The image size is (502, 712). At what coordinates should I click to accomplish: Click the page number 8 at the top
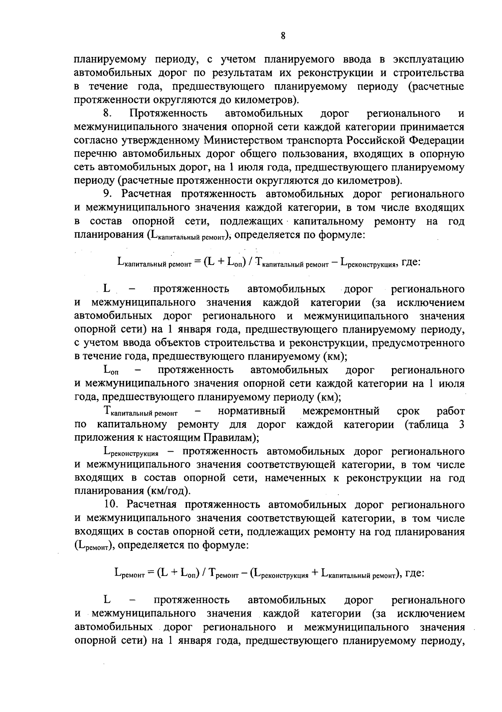(x=283, y=36)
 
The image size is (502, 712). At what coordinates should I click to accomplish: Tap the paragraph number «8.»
(x=108, y=113)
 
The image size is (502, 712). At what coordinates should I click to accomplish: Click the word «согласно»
(x=95, y=140)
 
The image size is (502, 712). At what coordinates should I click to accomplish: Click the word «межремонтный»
(x=341, y=411)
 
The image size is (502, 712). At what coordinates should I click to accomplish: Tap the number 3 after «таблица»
(x=461, y=424)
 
